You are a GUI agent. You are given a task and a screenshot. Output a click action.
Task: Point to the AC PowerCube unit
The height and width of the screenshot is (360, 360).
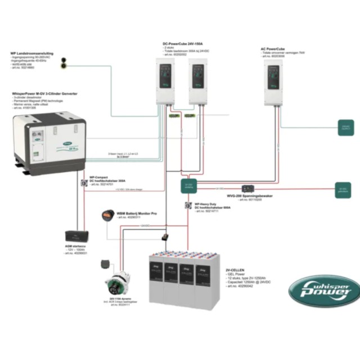(x=274, y=82)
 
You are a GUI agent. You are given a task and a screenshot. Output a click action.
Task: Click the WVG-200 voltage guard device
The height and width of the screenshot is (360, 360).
(x=247, y=188)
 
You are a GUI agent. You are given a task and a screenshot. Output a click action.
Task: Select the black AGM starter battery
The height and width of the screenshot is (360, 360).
(x=75, y=236)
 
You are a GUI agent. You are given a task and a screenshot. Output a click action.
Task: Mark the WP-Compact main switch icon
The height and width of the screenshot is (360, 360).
(x=84, y=183)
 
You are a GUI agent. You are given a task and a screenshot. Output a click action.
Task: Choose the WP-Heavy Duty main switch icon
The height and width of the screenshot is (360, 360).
(x=188, y=206)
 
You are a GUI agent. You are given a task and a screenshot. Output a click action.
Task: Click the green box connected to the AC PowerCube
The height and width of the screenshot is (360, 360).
(x=344, y=128)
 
